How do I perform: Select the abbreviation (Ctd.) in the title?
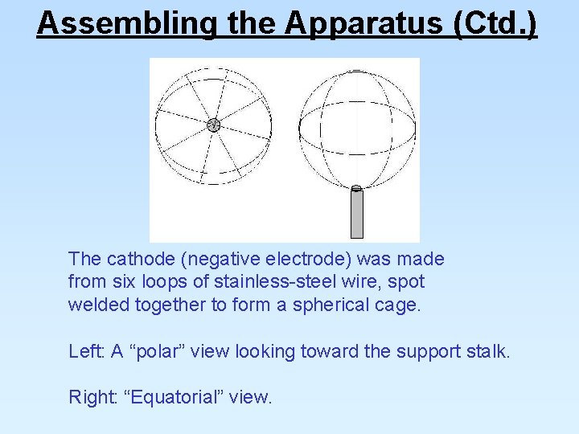pyautogui.click(x=495, y=23)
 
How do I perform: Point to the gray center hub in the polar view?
pyautogui.click(x=213, y=125)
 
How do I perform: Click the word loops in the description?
pyautogui.click(x=164, y=282)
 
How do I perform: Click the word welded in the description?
pyautogui.click(x=94, y=305)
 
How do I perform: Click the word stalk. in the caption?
pyautogui.click(x=488, y=351)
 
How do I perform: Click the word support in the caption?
pyautogui.click(x=429, y=351)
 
